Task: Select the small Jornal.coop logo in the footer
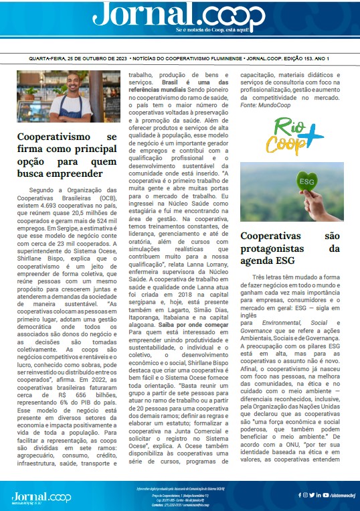point(41,496)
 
